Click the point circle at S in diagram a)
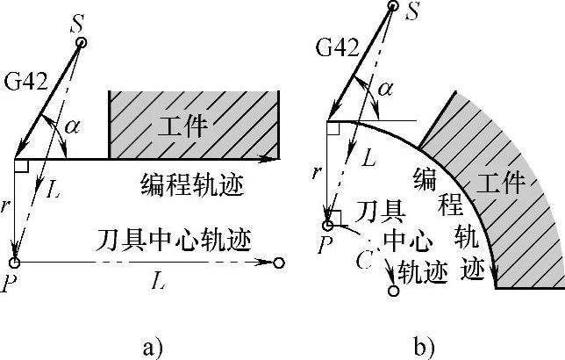[x=81, y=42]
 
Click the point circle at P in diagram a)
[x=15, y=262]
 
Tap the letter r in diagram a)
[x=6, y=208]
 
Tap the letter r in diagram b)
[x=317, y=172]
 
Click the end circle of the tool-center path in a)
[x=278, y=262]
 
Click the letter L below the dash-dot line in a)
[x=156, y=282]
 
